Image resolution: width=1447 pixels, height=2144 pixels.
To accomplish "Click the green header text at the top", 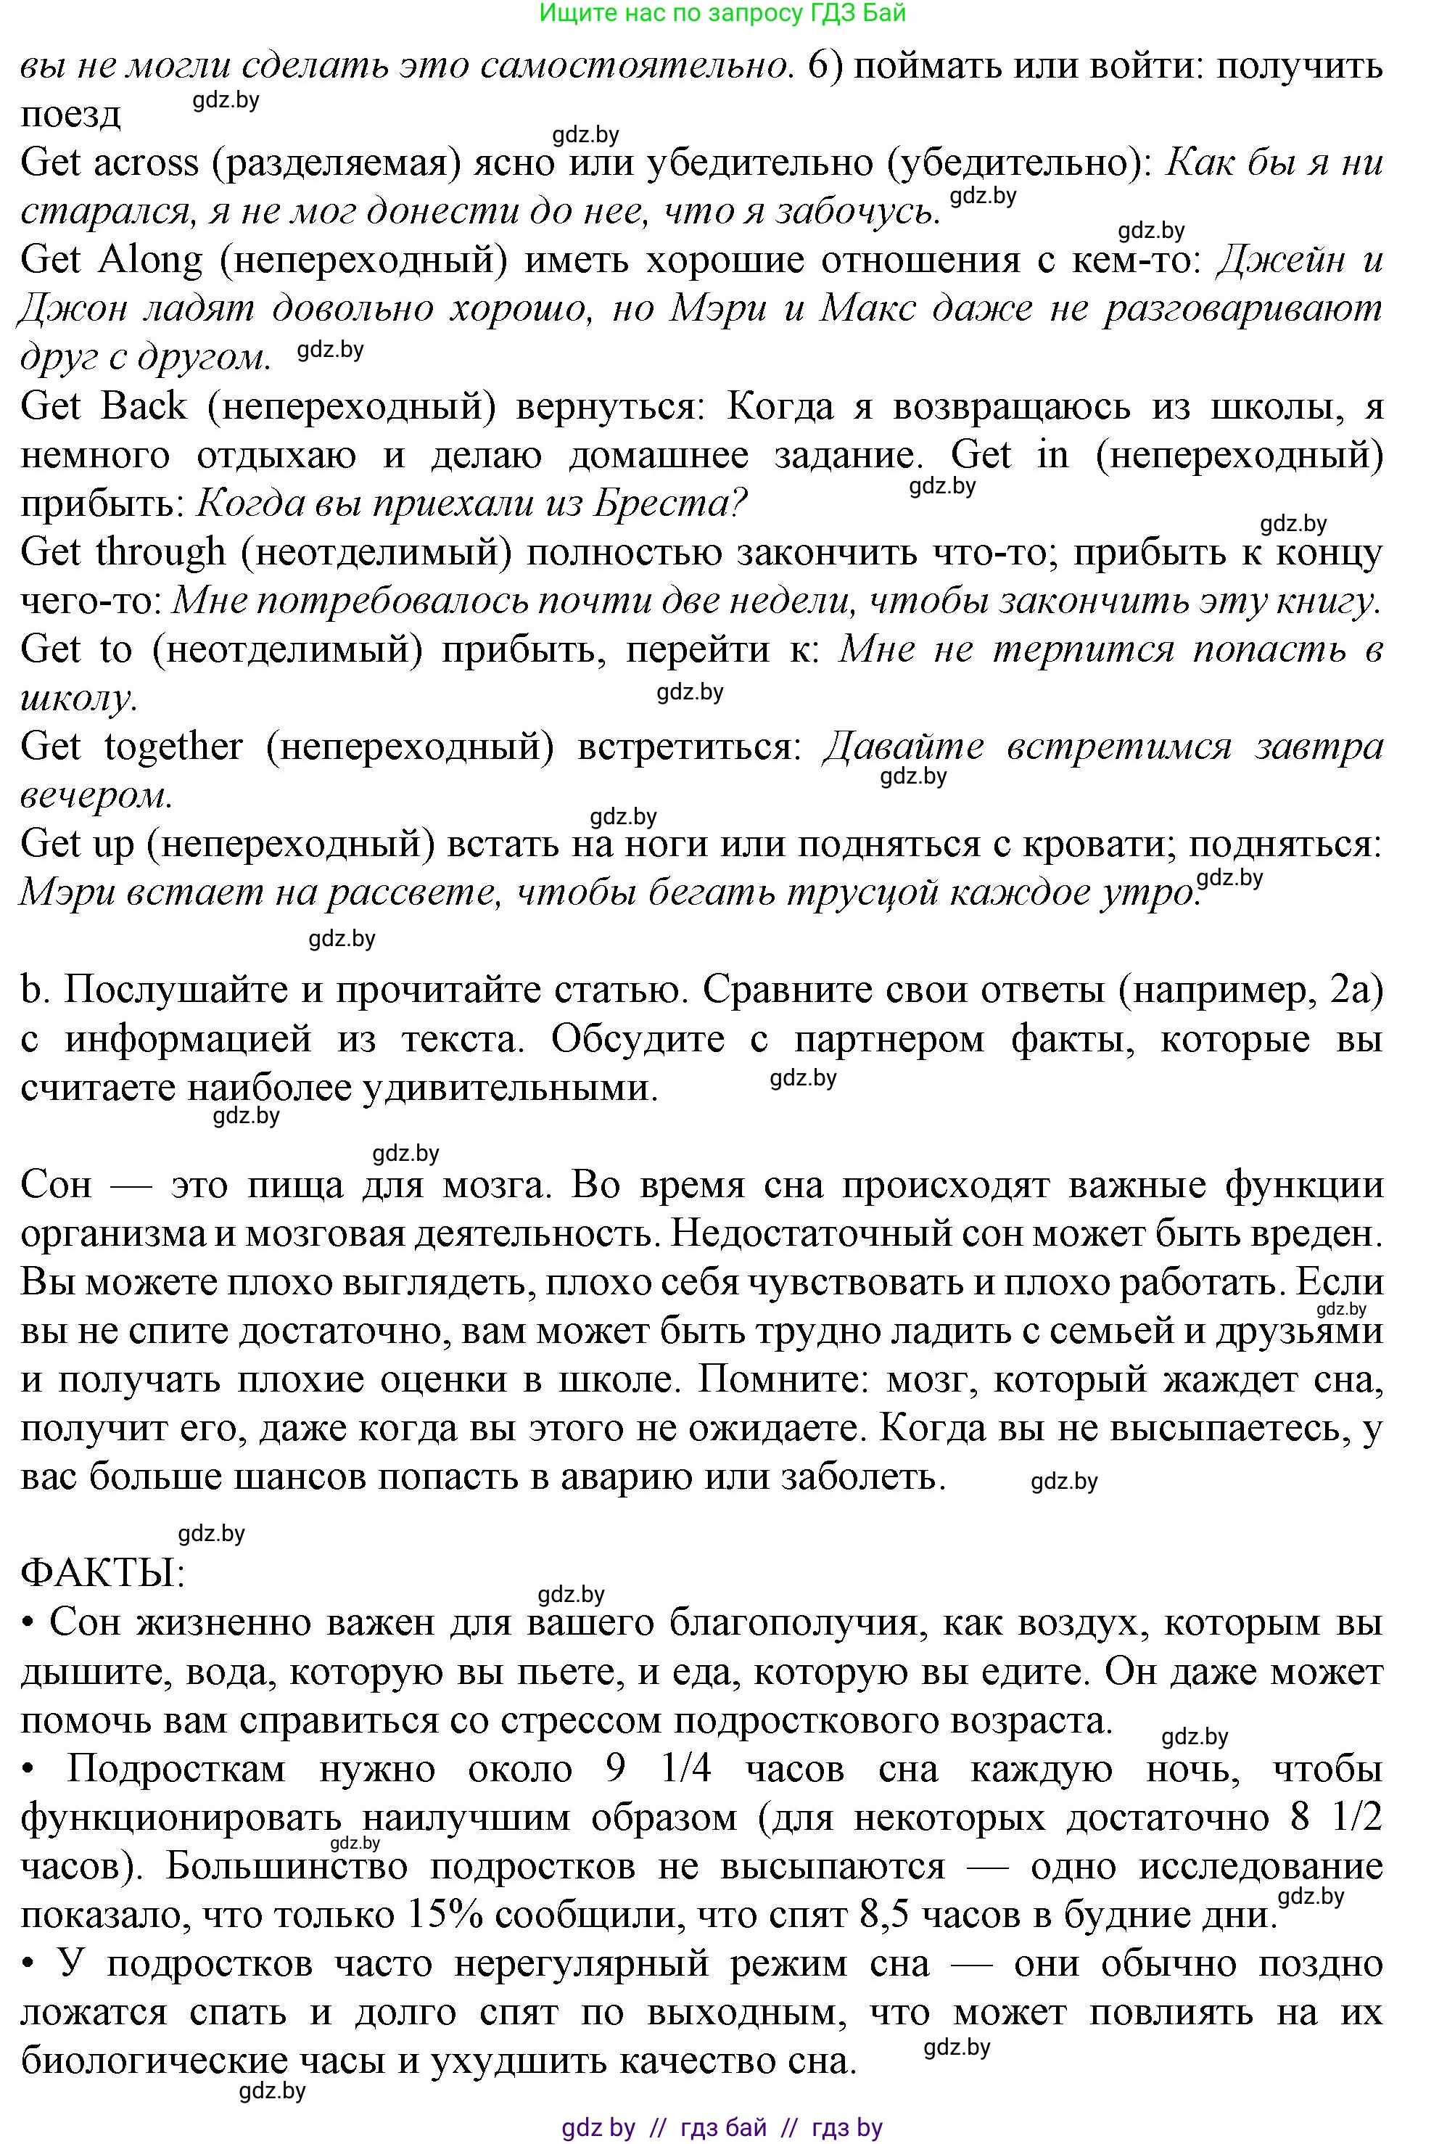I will pyautogui.click(x=722, y=13).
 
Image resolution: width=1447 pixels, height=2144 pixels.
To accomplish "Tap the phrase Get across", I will pyautogui.click(x=109, y=163).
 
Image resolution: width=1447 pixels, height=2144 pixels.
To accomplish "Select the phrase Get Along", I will pyautogui.click(x=111, y=260).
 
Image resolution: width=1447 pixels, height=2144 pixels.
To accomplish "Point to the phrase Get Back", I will pyautogui.click(x=103, y=406).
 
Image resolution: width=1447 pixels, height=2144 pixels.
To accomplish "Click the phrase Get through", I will pyautogui.click(x=122, y=551).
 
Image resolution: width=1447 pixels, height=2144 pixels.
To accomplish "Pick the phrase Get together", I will pyautogui.click(x=131, y=745).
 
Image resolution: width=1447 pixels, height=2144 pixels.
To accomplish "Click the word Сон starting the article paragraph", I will pyautogui.click(x=57, y=1185).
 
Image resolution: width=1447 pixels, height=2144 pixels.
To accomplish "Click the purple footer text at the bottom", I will pyautogui.click(x=722, y=2127).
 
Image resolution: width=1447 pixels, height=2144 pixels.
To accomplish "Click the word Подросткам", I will pyautogui.click(x=176, y=1768).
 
